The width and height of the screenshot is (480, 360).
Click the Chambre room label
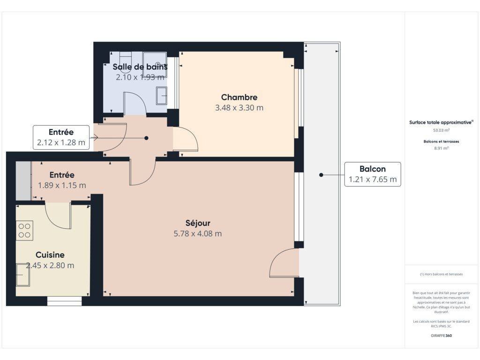tap(239, 97)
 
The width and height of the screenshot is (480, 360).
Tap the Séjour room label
tap(198, 223)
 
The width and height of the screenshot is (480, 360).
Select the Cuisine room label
tap(50, 255)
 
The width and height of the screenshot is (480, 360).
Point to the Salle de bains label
tap(140, 67)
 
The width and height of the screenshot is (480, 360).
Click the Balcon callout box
tap(373, 174)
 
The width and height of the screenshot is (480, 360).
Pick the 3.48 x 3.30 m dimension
tap(239, 108)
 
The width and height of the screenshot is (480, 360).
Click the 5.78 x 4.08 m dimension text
tap(198, 233)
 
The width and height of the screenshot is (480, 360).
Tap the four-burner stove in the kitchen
tap(24, 231)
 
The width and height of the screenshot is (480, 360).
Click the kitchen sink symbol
tap(23, 274)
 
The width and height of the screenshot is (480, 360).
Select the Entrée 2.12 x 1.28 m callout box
tap(61, 137)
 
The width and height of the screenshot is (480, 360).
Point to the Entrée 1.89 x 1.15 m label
tap(62, 180)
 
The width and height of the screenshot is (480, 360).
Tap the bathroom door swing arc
tap(135, 103)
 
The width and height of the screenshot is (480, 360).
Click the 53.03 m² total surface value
tap(441, 130)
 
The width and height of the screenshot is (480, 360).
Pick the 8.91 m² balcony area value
tap(441, 148)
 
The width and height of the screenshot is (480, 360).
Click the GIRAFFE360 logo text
tap(441, 336)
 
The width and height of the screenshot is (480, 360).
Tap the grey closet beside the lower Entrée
tap(23, 181)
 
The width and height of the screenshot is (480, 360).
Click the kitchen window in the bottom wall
tap(65, 301)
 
